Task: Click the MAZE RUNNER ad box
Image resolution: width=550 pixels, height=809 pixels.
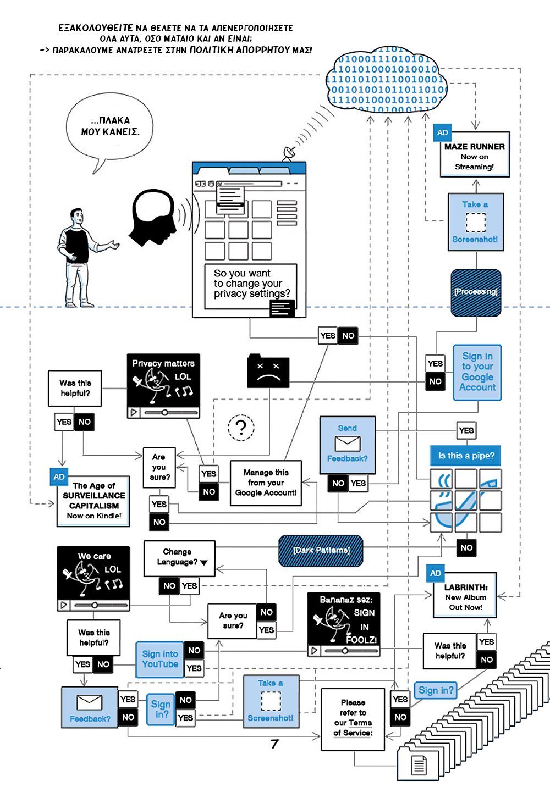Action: tap(475, 156)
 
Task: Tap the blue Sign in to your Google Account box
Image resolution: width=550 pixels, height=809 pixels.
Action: tap(477, 372)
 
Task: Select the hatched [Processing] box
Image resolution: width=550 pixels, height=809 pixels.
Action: tap(476, 292)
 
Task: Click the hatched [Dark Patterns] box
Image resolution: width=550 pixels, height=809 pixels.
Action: tap(321, 551)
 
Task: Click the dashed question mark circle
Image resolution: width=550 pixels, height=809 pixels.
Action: tap(241, 428)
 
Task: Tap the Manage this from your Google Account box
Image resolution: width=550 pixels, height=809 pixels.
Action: tap(266, 483)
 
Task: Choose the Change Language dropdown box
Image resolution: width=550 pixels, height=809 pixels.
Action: tap(179, 558)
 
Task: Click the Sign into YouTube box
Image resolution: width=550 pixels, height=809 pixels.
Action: tap(159, 659)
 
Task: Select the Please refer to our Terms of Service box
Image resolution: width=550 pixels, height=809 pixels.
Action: tap(353, 718)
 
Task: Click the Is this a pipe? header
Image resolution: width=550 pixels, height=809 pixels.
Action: tap(466, 456)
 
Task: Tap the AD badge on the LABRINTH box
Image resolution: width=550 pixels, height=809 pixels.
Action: tap(436, 573)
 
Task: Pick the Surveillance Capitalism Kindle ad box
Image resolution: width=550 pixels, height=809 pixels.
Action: tap(94, 501)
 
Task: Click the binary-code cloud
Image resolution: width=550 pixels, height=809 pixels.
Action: tap(386, 80)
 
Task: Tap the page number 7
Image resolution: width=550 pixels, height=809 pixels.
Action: tap(274, 744)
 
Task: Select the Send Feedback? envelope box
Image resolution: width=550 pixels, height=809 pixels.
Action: tap(348, 444)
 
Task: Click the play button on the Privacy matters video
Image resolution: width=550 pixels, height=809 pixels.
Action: tap(133, 412)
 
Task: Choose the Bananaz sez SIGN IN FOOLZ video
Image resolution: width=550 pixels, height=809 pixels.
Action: tap(344, 623)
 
